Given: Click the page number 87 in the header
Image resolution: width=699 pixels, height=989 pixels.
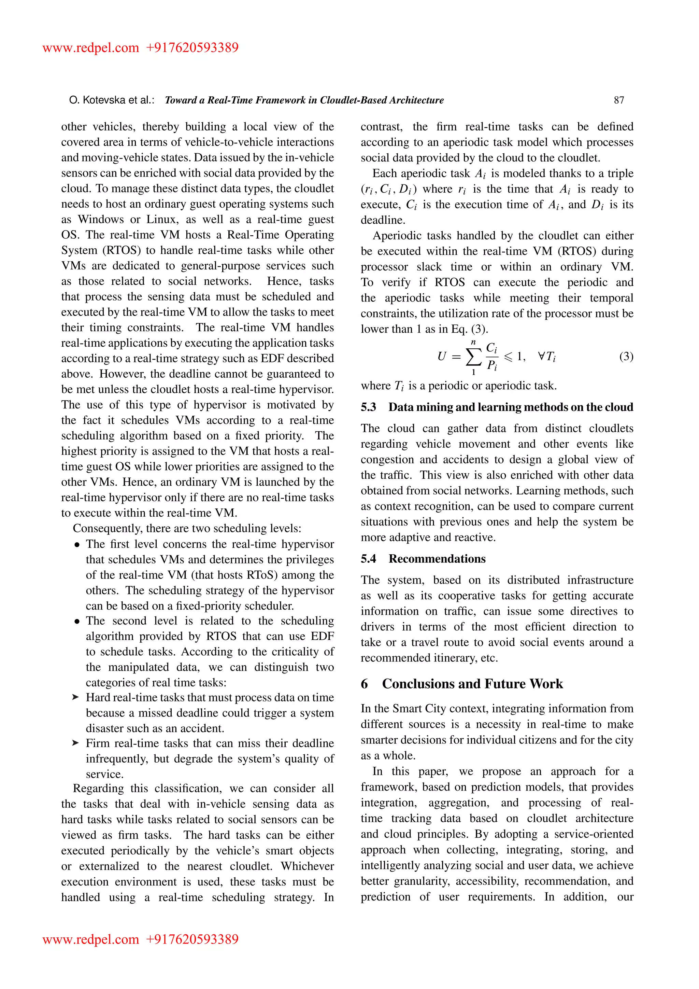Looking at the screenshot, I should pos(618,100).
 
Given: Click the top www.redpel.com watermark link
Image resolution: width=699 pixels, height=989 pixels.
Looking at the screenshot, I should pos(90,47).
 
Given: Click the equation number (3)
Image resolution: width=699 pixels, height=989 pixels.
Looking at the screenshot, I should pos(626,356).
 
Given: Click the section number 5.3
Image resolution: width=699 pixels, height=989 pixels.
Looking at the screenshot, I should pos(368,407).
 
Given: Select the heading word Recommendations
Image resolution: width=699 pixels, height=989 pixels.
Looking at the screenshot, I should pos(437,559).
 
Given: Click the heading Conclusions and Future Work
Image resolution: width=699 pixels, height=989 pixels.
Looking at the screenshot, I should pos(472,684).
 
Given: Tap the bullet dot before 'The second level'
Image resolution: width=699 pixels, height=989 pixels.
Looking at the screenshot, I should pos(77,622).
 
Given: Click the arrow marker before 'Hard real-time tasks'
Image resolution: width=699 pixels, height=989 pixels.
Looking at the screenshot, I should pos(76,697).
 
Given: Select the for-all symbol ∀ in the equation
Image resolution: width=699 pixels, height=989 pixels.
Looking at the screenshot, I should pos(541,356).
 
